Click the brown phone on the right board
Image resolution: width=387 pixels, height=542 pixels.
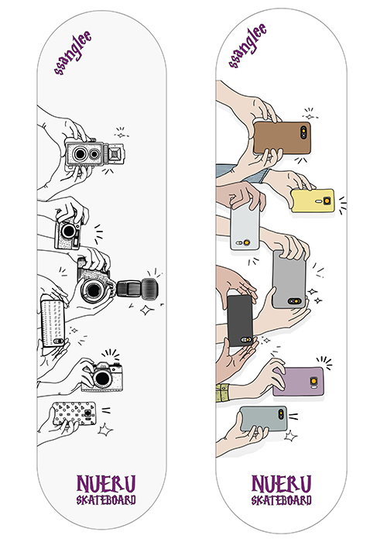[282, 137]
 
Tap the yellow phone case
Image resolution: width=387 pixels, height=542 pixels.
[313, 201]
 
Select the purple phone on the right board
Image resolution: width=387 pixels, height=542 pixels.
[299, 382]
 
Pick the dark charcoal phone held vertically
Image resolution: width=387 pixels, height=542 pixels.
[240, 321]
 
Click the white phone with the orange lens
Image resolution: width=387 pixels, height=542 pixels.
[245, 226]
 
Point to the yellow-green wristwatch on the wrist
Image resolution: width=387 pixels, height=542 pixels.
[223, 393]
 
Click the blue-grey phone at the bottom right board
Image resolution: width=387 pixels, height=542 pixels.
[263, 419]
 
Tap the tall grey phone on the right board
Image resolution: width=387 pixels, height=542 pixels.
[289, 280]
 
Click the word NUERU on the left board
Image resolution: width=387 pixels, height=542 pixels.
[106, 484]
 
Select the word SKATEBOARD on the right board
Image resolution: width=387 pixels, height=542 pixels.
[281, 500]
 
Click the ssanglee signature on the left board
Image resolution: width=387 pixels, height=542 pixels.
[73, 53]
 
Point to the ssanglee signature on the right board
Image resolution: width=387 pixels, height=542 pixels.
[248, 45]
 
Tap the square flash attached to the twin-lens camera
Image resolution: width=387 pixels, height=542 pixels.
[115, 153]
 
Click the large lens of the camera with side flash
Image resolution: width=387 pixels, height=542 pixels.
[93, 290]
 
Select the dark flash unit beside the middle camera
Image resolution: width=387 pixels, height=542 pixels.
[138, 288]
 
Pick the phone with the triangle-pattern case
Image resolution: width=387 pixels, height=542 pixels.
[74, 413]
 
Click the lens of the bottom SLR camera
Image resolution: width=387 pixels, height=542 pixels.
[102, 378]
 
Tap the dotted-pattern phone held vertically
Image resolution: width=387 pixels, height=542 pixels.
[53, 323]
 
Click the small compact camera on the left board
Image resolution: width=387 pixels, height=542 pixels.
[68, 232]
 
